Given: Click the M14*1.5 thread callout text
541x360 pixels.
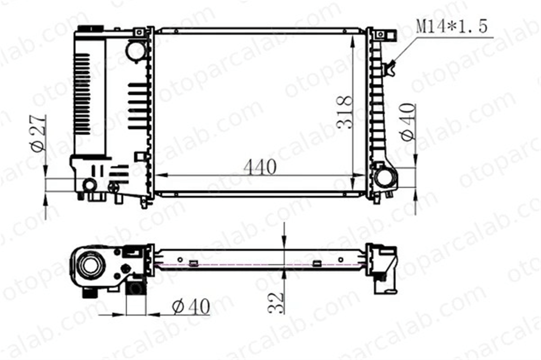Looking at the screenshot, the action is tap(452, 26).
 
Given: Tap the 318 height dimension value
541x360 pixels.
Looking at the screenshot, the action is tap(345, 112).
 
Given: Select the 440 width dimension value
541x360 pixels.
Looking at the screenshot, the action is tap(260, 167).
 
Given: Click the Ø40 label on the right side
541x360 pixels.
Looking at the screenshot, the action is tap(408, 122).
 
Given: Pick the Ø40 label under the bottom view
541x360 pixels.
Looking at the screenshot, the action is tap(191, 306).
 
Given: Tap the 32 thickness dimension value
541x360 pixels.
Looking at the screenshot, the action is tap(276, 303).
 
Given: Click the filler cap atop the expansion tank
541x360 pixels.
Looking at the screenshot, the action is tap(91, 29).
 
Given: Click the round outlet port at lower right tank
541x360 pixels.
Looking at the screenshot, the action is tap(384, 178).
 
